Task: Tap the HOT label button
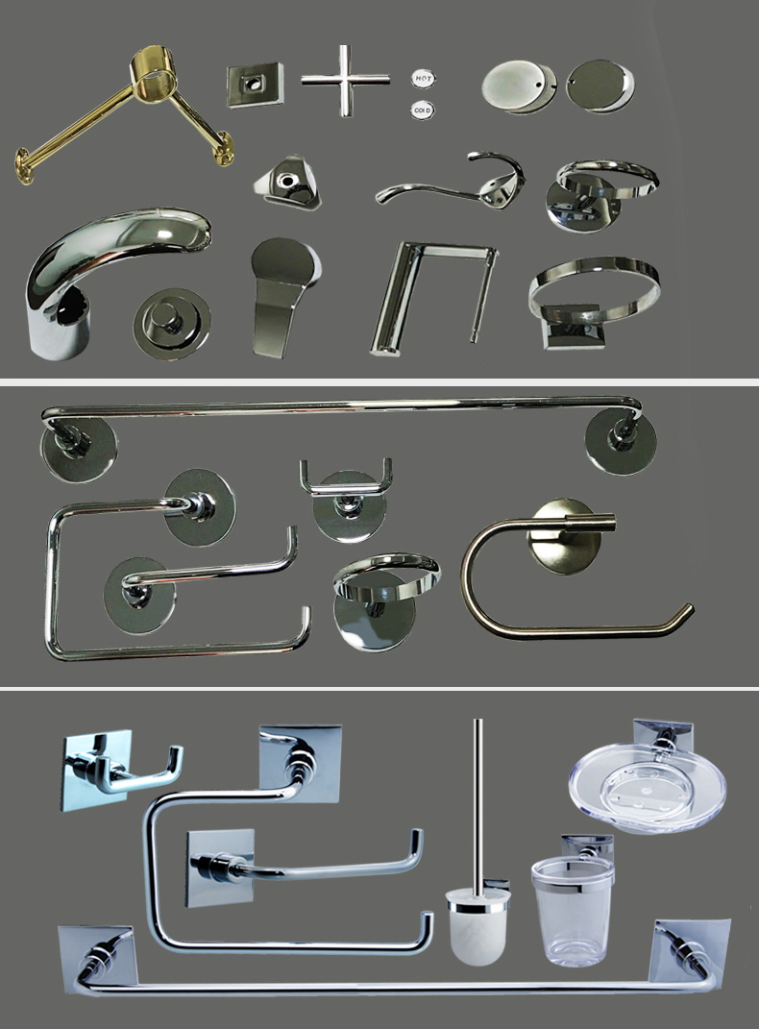click(422, 78)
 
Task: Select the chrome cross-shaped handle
click(345, 80)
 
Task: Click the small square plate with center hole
click(255, 85)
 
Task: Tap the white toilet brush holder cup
click(477, 917)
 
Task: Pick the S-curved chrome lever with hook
click(452, 183)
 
